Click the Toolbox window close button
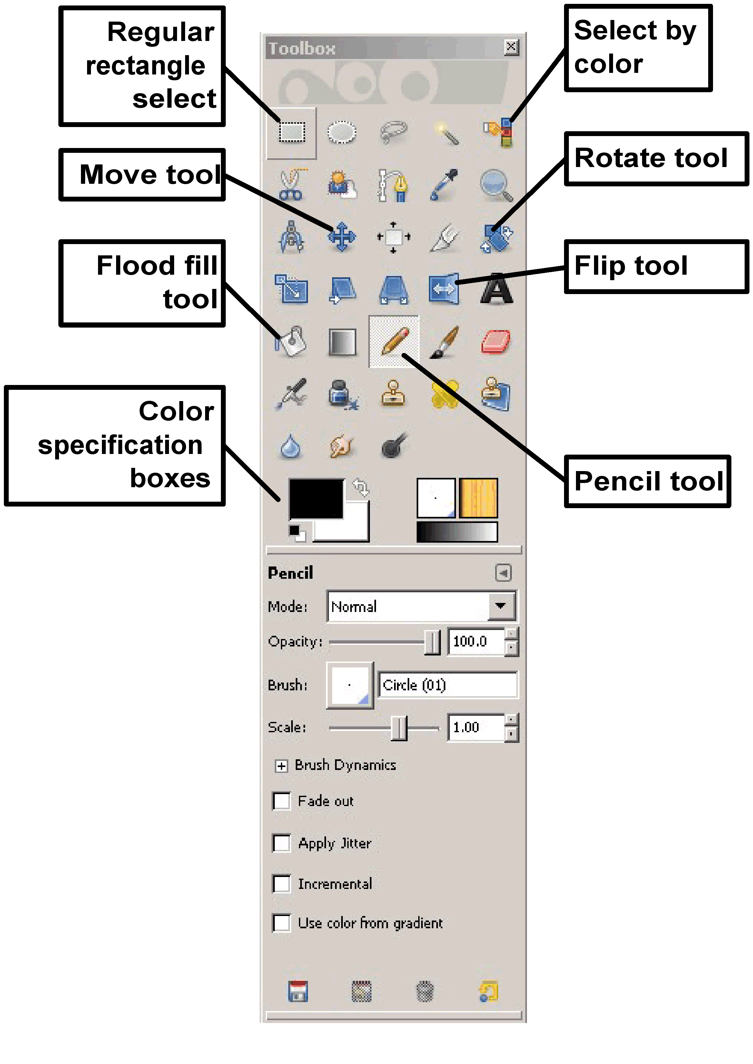510,47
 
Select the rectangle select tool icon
292,133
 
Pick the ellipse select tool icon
342,133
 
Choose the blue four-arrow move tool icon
342,237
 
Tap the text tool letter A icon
496,289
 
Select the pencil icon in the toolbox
394,341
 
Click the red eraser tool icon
496,342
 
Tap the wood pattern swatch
478,498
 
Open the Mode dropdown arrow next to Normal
501,606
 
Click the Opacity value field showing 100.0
476,642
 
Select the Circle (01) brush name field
447,685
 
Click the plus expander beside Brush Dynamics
281,765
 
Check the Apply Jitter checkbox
282,843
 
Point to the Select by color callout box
637,47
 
